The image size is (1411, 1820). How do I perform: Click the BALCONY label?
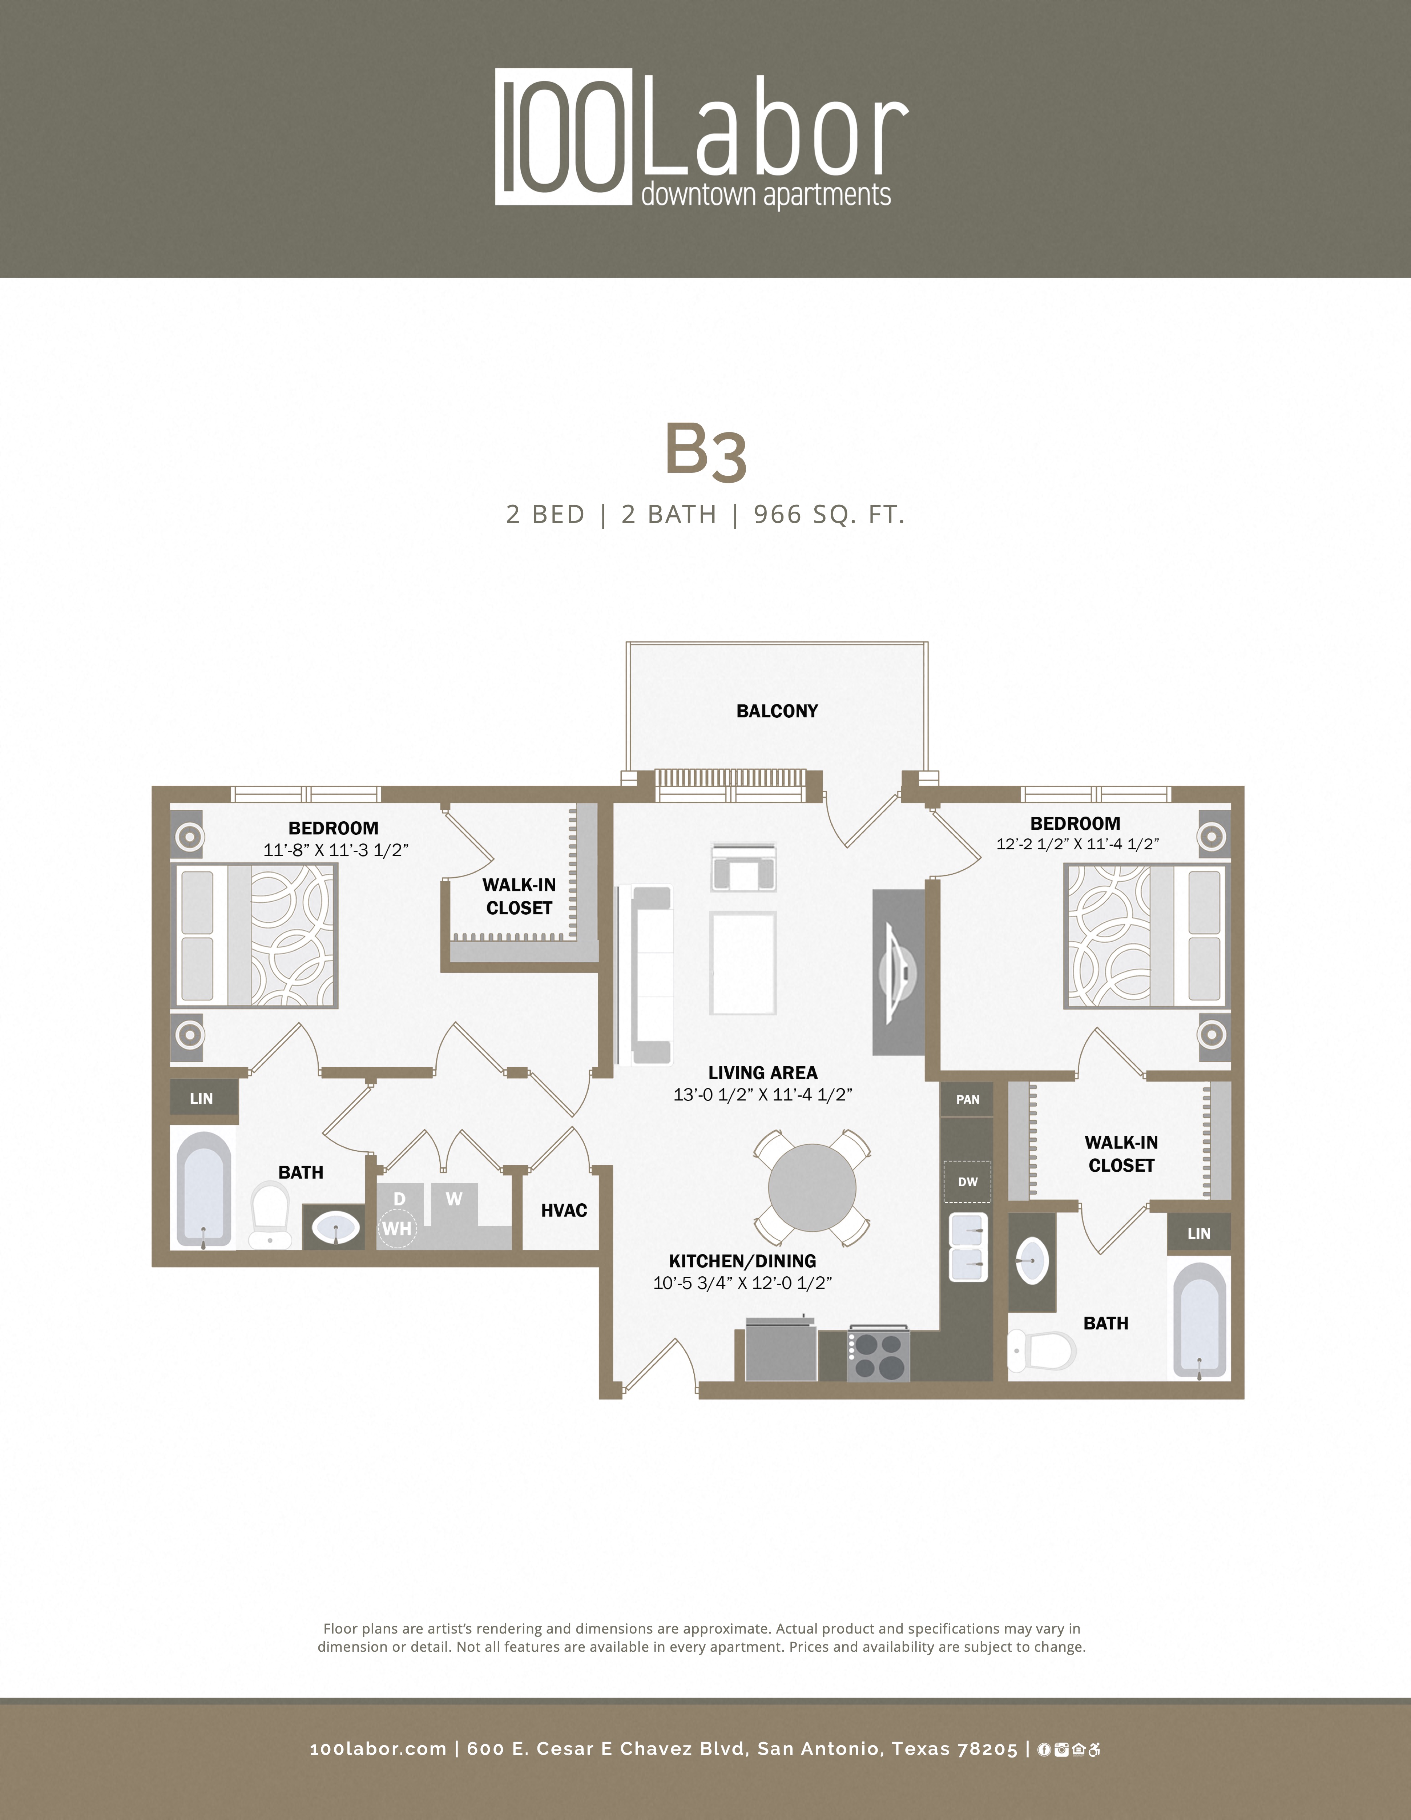[777, 711]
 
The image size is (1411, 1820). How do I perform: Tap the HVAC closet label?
[563, 1210]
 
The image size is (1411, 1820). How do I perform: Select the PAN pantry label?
[967, 1099]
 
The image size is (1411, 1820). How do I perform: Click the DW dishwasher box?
[967, 1182]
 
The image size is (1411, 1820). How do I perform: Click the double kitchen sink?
[968, 1248]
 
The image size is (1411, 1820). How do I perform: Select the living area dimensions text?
[763, 1095]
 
